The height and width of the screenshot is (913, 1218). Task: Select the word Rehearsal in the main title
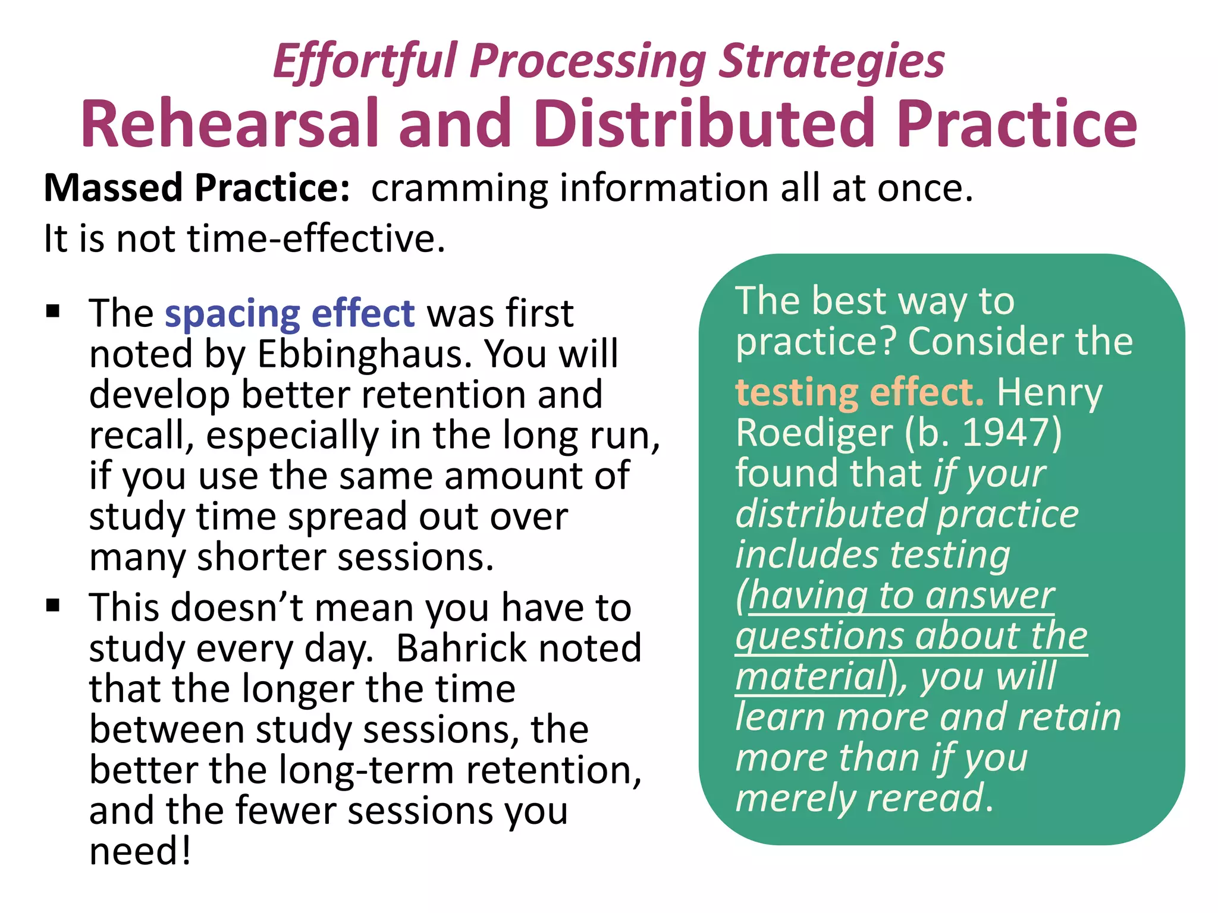tap(230, 123)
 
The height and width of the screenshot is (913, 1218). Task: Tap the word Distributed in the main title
tap(704, 123)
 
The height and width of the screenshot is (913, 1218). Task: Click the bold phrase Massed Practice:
tap(197, 188)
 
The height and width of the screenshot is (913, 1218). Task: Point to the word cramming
tap(459, 189)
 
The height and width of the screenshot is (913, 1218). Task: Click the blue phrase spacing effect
tap(290, 313)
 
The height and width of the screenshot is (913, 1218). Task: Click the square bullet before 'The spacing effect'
tap(54, 311)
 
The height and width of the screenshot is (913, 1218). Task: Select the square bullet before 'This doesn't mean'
tap(54, 606)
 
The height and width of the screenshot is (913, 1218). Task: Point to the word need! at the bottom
tap(140, 851)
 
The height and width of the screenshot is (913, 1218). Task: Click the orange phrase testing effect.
tap(859, 392)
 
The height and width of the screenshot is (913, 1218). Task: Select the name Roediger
tap(814, 433)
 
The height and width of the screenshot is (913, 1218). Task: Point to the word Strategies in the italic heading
tap(831, 61)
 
